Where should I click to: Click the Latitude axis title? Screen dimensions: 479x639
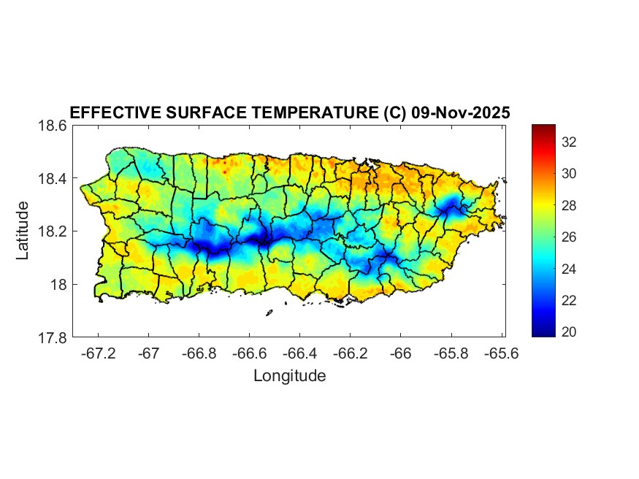23,231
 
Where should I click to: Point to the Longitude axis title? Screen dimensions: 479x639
289,376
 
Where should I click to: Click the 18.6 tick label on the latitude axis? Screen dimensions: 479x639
53,126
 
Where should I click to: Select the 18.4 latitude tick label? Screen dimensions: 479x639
53,179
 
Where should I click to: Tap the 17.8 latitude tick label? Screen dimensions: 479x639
53,338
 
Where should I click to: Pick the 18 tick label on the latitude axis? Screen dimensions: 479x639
58,285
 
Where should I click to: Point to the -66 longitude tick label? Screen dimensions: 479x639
401,353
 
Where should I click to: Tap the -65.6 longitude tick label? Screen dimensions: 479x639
501,353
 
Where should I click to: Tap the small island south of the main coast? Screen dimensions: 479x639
269,313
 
